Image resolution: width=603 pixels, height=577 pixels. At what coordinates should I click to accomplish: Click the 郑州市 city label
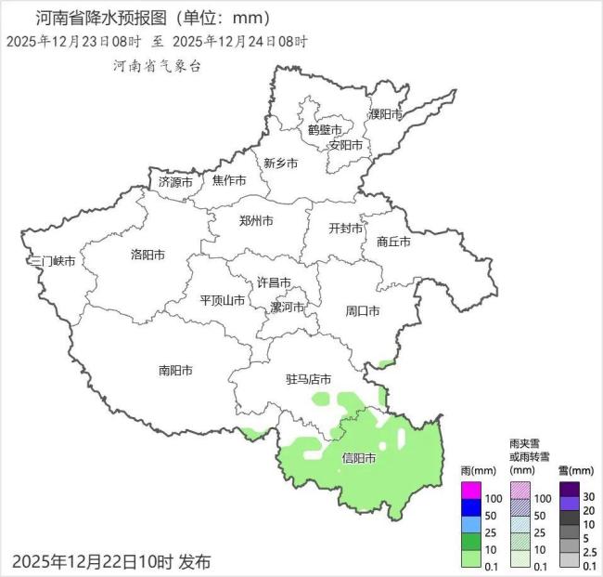click(x=256, y=221)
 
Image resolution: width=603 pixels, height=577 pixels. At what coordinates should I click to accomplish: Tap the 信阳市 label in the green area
click(x=359, y=458)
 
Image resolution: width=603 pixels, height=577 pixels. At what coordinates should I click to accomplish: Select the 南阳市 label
click(x=175, y=370)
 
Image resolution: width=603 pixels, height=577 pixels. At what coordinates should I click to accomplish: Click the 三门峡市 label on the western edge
click(x=52, y=262)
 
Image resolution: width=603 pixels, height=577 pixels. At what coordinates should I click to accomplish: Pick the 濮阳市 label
click(x=385, y=114)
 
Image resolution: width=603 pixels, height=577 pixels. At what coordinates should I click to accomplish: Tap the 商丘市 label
click(x=393, y=241)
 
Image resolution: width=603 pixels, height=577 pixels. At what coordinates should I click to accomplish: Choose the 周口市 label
click(x=363, y=309)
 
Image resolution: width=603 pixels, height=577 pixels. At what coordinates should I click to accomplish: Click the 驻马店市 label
click(x=308, y=379)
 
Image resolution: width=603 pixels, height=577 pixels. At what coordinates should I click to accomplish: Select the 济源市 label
click(x=175, y=181)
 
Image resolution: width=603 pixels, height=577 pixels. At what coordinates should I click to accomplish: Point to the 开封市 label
click(x=347, y=229)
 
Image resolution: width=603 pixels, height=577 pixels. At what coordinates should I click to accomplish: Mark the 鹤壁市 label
click(x=325, y=130)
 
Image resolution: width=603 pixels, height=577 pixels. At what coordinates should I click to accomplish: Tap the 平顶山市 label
click(x=223, y=300)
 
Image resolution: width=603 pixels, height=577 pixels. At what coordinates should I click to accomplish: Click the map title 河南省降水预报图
click(x=102, y=18)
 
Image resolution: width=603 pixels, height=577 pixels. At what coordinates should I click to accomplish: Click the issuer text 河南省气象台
click(x=156, y=66)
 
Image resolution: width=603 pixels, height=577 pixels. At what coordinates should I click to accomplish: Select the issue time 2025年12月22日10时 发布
click(x=111, y=561)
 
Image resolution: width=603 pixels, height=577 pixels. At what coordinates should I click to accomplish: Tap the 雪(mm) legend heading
click(x=569, y=471)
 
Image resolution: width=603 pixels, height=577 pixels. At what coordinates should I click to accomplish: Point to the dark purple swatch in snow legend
click(x=569, y=490)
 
